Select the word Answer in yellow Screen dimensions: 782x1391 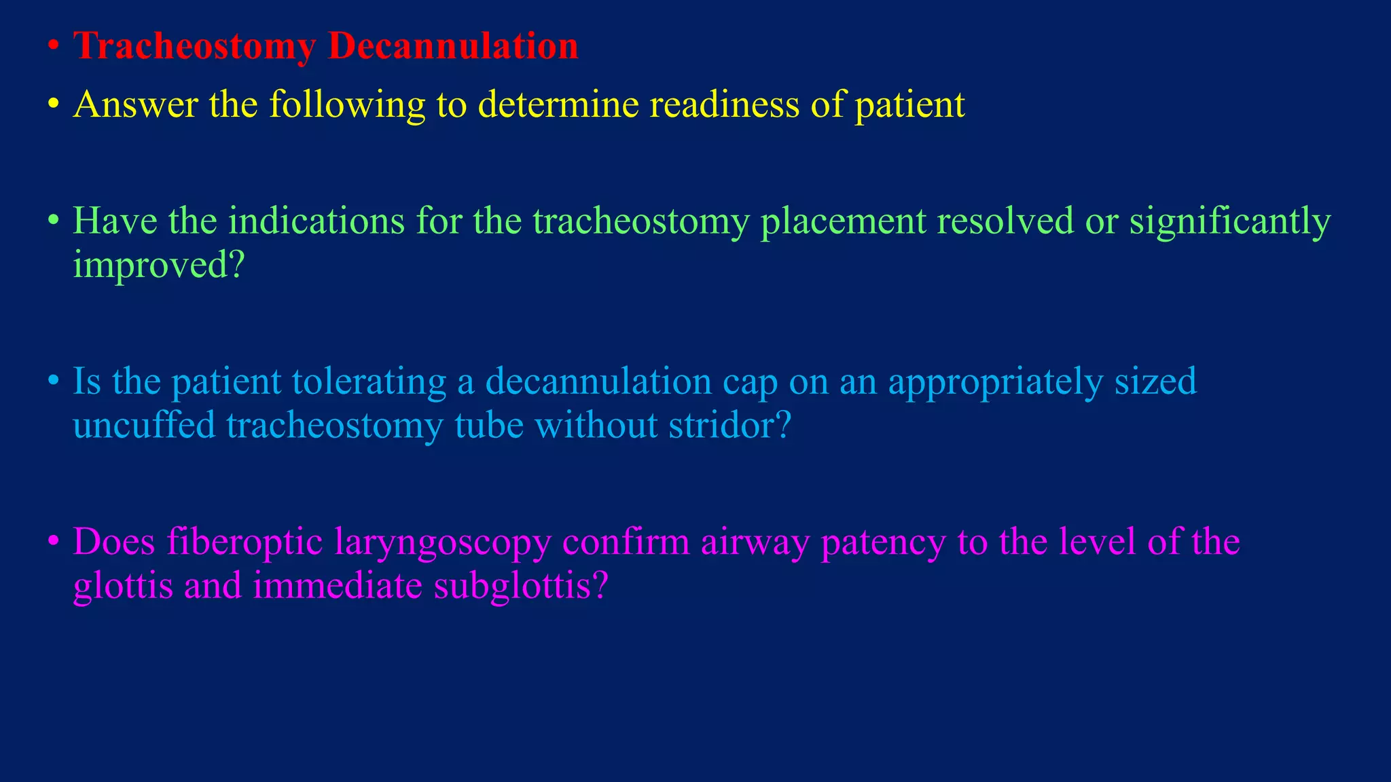pyautogui.click(x=136, y=105)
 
